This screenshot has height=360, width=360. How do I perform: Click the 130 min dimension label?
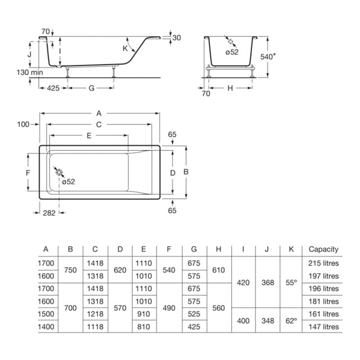pos(30,72)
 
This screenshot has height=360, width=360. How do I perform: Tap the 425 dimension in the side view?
pos(53,88)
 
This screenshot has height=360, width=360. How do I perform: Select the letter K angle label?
pos(125,49)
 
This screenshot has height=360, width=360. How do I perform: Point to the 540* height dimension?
pos(268,57)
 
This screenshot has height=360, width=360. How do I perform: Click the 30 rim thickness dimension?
pos(176,38)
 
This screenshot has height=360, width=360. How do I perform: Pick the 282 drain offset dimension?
pos(49,213)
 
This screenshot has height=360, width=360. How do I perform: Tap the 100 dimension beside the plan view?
pos(23,125)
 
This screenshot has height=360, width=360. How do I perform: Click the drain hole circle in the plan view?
pos(59,172)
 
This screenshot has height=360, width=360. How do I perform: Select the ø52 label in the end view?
pos(232,52)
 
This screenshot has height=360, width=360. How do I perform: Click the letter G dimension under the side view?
pos(91,88)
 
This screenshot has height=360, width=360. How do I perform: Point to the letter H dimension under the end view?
pos(230,88)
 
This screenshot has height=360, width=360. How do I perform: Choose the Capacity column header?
pos(324,249)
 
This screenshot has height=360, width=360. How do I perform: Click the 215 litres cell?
pos(324,263)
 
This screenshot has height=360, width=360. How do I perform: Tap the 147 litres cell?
pos(324,327)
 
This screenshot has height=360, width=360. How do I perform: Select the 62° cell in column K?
pos(291,320)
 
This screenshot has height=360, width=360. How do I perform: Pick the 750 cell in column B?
pos(71,270)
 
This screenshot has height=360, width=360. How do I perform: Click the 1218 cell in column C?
pos(95,314)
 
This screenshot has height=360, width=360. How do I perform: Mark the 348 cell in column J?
pos(268,320)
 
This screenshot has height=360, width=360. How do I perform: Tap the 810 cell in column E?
pos(144,327)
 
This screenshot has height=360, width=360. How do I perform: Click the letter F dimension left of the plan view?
pos(28,173)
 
